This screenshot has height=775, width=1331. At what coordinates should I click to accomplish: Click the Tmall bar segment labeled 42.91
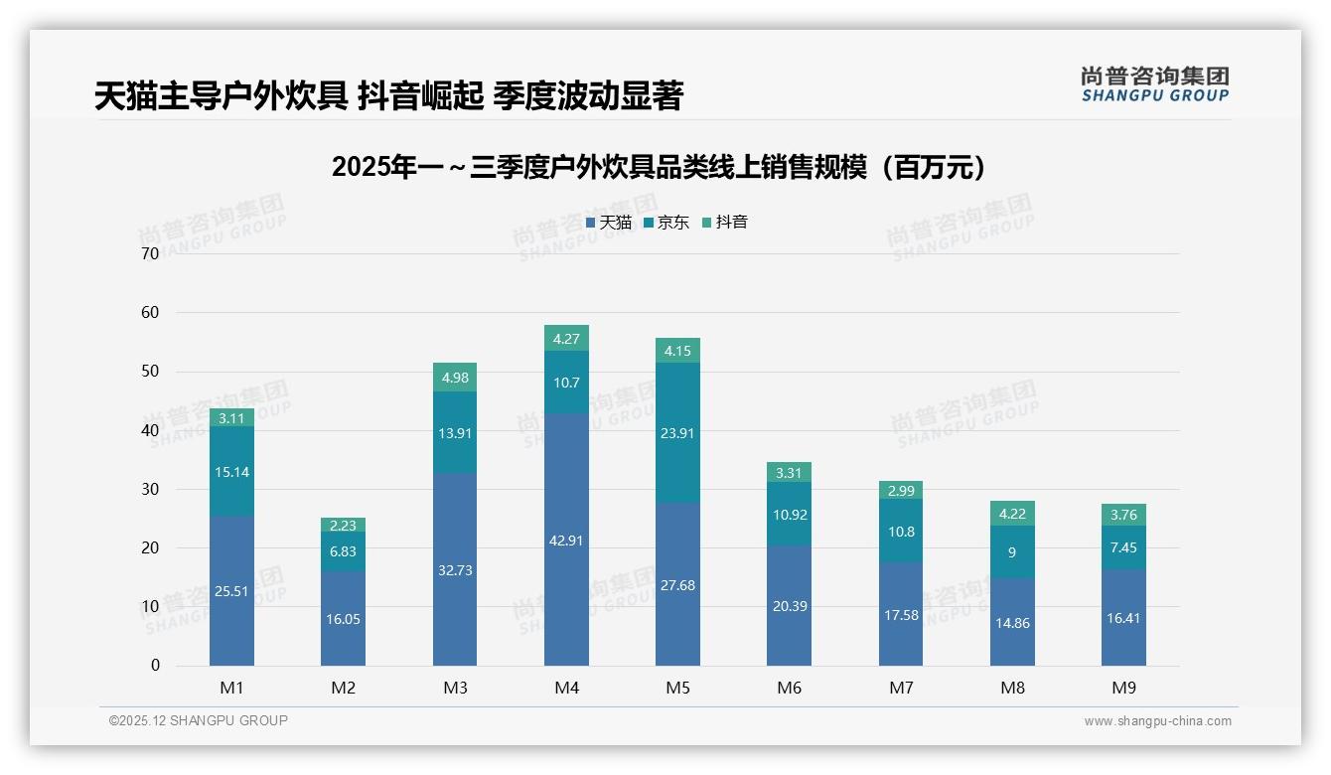tap(566, 540)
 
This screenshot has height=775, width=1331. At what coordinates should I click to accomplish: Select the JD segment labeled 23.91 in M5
tap(677, 432)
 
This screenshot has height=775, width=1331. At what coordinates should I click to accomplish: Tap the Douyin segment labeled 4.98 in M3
tap(455, 378)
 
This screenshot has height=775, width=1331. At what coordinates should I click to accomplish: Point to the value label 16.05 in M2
tap(343, 618)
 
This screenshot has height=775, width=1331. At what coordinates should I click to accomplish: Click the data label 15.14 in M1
tap(231, 472)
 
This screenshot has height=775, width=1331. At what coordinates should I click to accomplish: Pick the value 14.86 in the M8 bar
tap(1012, 623)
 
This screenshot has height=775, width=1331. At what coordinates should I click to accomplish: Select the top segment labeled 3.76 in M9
tap(1123, 515)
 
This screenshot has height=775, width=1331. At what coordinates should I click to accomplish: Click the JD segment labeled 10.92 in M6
tap(790, 515)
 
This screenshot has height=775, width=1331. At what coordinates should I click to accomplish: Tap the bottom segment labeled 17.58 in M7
tap(901, 615)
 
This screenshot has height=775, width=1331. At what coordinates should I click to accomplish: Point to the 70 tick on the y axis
tap(150, 253)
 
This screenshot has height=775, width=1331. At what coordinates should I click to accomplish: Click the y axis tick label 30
tap(150, 489)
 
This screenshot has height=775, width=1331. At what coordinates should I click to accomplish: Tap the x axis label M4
tap(566, 688)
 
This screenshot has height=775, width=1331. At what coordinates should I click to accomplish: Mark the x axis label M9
tap(1123, 688)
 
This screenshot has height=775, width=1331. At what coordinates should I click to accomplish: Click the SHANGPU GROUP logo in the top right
tap(1154, 84)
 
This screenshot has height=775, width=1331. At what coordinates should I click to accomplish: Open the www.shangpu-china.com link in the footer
tap(1157, 721)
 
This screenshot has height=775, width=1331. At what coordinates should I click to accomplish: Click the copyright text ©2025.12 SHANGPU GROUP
tap(199, 720)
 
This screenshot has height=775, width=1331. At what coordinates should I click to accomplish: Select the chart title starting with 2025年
tap(663, 167)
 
